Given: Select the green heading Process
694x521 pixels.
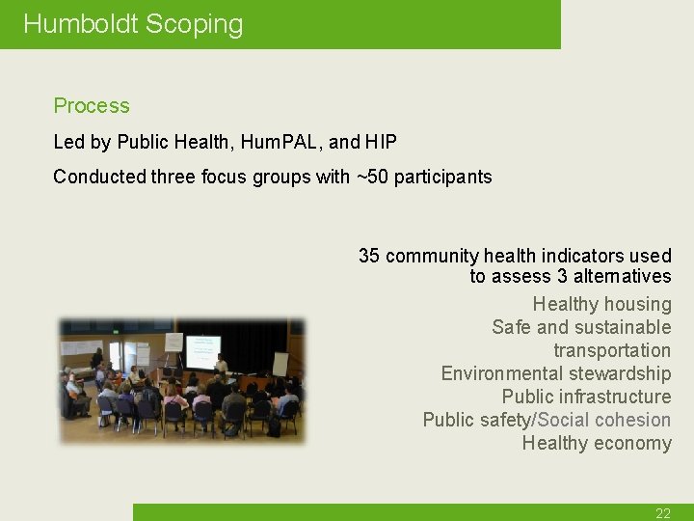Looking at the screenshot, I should coord(92,106).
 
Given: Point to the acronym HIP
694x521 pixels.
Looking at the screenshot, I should coord(381,142).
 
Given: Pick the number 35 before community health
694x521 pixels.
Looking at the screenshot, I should coord(369,256).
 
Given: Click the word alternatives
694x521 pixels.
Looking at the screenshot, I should coord(622,277).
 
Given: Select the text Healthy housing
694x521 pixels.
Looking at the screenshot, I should coord(601,304).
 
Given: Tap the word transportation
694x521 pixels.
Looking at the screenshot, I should coord(612,350).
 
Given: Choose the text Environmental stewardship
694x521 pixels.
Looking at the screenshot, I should coord(555,373).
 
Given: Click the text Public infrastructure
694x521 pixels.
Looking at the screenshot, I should coord(586,397).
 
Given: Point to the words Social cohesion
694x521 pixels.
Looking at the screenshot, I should coord(605,420).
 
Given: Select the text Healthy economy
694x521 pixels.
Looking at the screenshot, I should coord(597,443).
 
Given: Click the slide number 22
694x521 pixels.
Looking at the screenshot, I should coord(663,513).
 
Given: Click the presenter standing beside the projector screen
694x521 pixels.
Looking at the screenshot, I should coord(224,364).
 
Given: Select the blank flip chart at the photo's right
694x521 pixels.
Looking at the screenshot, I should coord(280,364).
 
